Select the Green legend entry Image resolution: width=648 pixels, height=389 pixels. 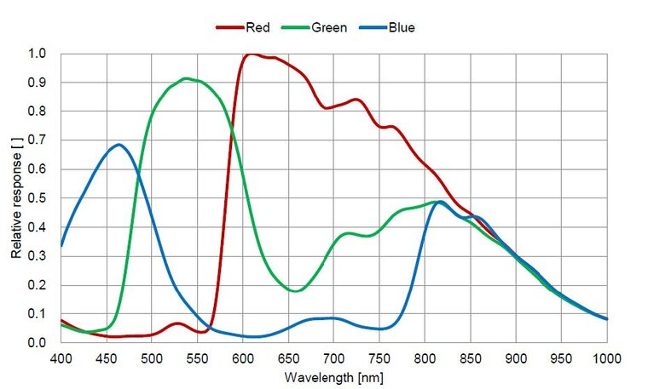click(318, 27)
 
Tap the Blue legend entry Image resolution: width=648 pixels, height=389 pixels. click(390, 27)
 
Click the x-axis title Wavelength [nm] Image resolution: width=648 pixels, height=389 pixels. click(334, 375)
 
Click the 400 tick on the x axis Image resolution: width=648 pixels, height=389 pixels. click(61, 357)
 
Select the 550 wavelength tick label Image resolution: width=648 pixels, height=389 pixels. click(198, 357)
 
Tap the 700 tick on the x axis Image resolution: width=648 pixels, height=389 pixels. click(334, 357)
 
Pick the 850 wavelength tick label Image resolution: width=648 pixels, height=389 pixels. click(471, 357)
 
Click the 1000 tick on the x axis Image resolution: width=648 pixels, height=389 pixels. click(605, 357)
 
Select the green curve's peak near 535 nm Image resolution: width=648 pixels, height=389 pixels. click(186, 78)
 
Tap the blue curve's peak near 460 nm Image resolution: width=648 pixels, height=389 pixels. click(118, 145)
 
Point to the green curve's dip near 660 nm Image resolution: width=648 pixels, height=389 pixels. click(296, 291)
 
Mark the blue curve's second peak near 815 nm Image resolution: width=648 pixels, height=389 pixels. click(440, 202)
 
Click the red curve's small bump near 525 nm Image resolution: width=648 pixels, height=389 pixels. click(176, 323)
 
